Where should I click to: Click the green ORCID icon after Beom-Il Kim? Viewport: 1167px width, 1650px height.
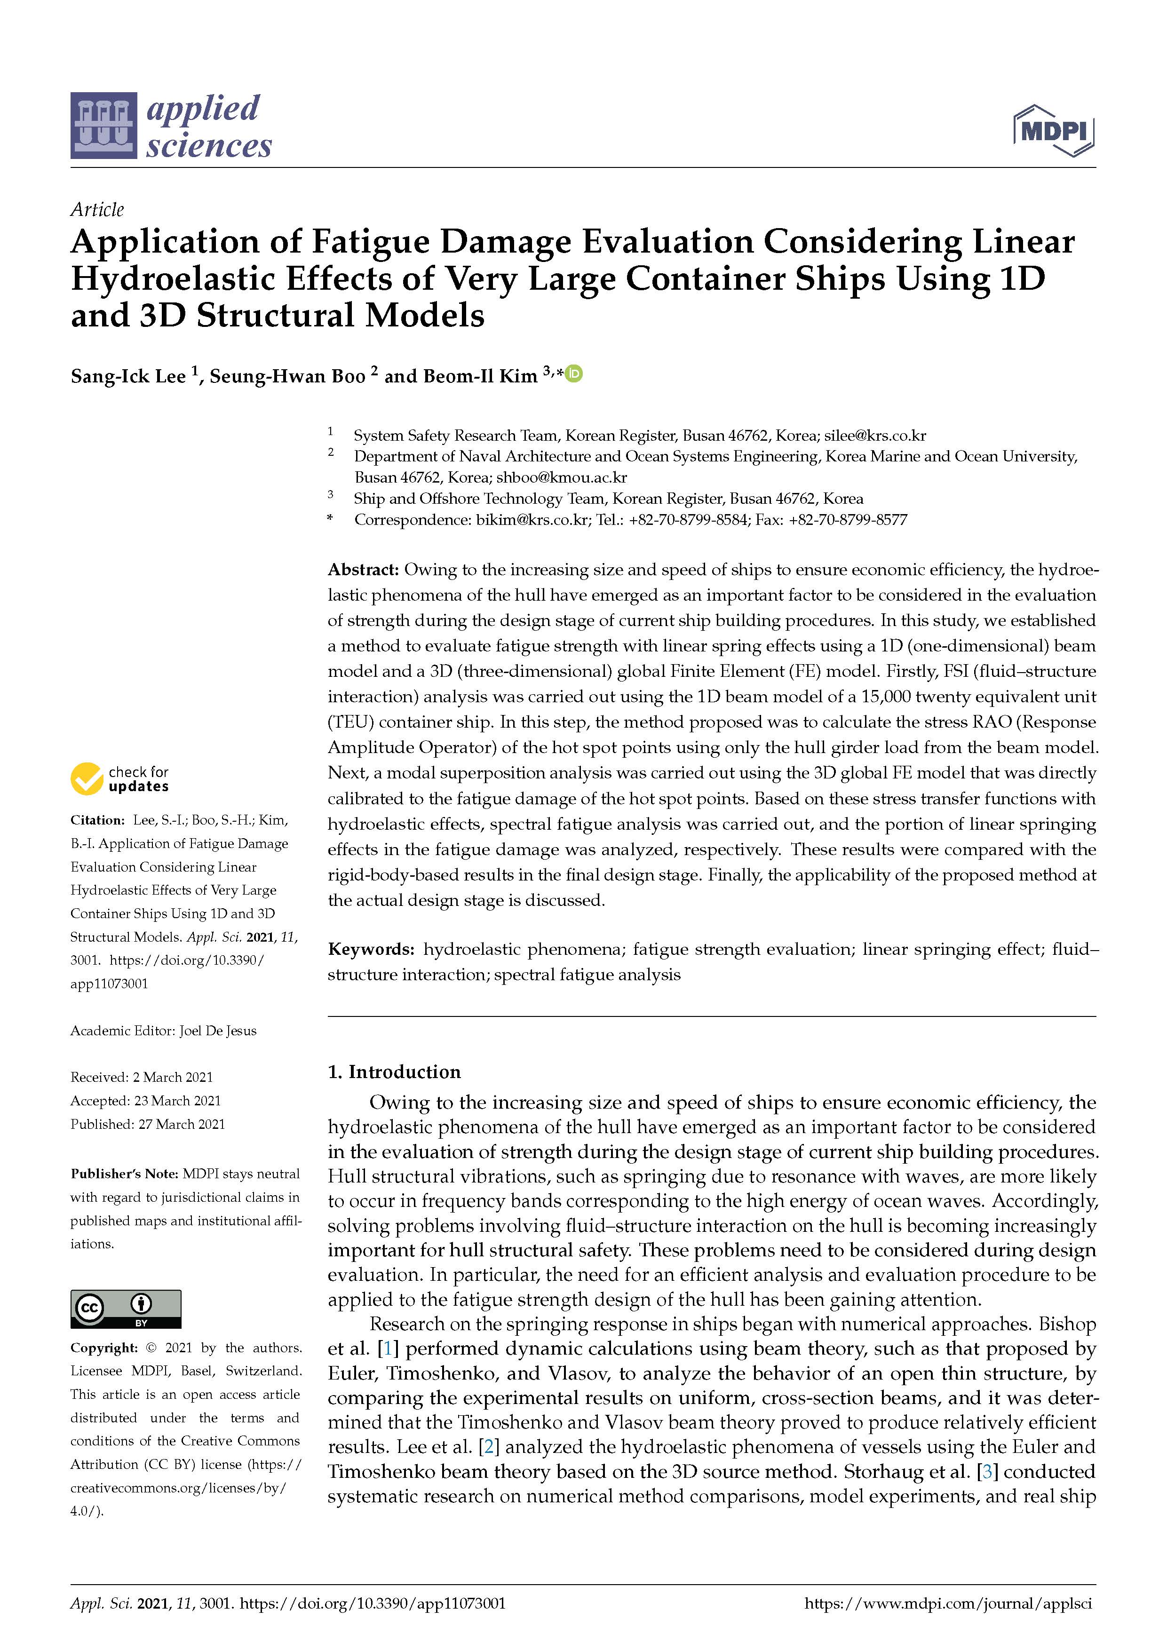pos(574,373)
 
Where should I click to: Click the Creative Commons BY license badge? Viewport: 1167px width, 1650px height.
pos(126,1309)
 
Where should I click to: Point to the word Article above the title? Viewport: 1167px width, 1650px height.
pos(97,210)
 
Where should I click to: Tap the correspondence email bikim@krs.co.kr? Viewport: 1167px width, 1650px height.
pos(532,520)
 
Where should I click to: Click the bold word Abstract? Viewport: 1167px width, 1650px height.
pos(363,570)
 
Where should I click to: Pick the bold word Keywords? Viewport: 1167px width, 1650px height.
pos(371,949)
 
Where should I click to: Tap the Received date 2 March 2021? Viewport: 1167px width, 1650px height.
pos(173,1077)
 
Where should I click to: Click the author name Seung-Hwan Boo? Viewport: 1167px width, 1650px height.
pos(287,377)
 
